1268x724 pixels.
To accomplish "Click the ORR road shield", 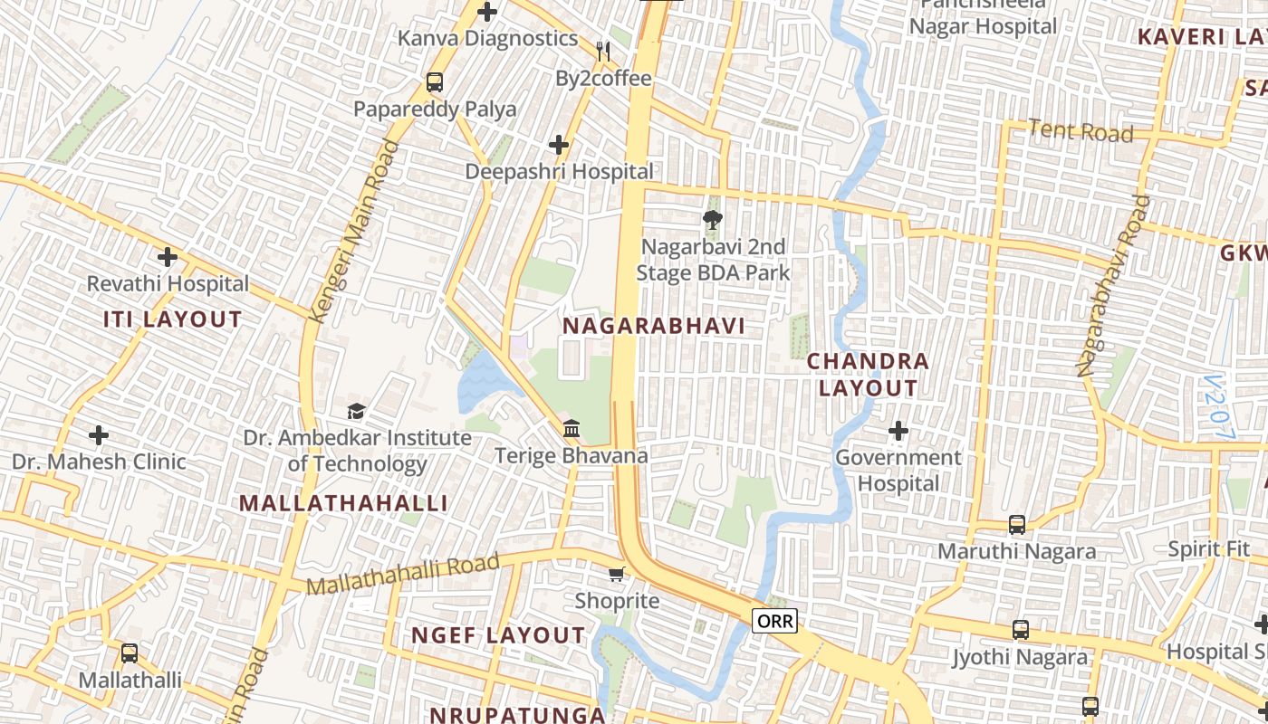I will (x=774, y=621).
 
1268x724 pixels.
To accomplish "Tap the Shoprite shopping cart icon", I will (x=617, y=574).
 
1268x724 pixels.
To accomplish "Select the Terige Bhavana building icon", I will (x=572, y=428).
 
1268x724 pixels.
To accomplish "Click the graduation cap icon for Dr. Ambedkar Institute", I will (x=356, y=412).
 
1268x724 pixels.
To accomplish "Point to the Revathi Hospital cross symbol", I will (x=167, y=257).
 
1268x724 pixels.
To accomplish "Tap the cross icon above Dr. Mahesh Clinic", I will (x=99, y=435).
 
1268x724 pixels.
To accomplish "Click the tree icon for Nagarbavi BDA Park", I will (x=713, y=219).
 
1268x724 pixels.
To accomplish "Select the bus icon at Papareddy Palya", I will (x=435, y=82).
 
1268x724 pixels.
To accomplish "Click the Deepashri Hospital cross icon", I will (x=559, y=145).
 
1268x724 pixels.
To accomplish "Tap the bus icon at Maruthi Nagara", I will (x=1017, y=525).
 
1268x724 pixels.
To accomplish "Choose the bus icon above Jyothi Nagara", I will (x=1020, y=630).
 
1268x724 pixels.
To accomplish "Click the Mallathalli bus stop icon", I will (x=130, y=653).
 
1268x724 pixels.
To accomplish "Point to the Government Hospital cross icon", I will (x=898, y=431).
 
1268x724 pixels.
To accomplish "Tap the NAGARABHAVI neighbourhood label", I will (x=654, y=326).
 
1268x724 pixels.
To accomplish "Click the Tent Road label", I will (x=1081, y=132).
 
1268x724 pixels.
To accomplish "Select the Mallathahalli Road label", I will (x=403, y=574).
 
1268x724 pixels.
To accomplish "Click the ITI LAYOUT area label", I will (x=172, y=319).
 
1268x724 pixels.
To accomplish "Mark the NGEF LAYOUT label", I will (x=498, y=635).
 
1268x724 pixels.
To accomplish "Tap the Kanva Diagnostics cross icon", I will (x=487, y=12).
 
